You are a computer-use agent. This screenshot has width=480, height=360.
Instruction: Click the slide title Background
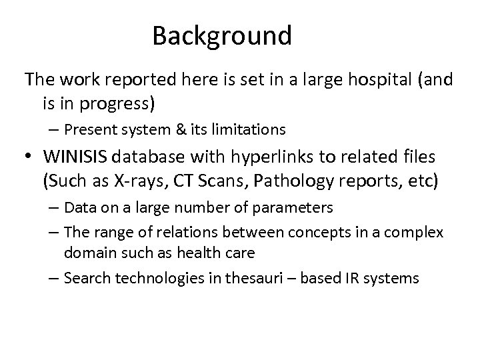point(221,35)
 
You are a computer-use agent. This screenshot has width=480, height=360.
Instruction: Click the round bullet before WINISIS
point(30,157)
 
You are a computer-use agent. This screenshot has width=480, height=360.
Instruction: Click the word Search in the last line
point(85,277)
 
